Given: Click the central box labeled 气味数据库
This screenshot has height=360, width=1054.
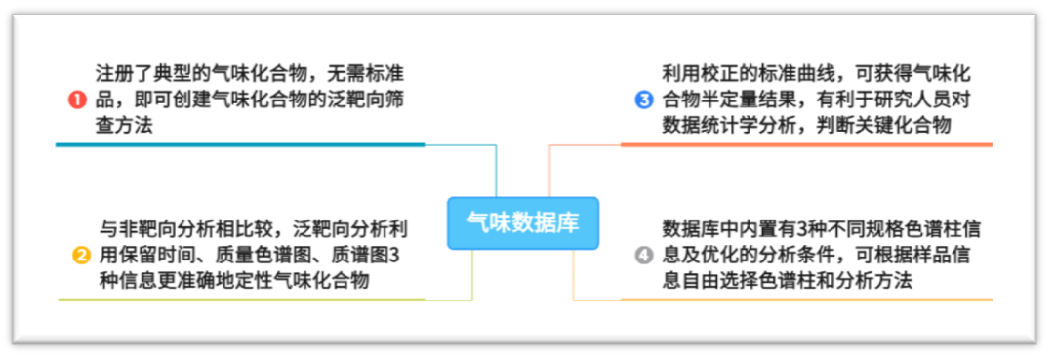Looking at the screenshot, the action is [522, 222].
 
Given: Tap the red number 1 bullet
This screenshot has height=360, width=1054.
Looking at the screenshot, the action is [77, 100].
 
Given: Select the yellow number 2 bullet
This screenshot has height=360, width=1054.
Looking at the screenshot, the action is [82, 256].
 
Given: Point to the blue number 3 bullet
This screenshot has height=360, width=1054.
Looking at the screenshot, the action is [644, 100].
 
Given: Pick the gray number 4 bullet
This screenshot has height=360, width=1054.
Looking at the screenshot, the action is [643, 256].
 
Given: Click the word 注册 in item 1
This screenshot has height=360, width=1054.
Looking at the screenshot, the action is [115, 73].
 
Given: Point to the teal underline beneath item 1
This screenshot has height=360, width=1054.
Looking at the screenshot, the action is [239, 144].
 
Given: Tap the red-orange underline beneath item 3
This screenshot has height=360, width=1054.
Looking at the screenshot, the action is [806, 144].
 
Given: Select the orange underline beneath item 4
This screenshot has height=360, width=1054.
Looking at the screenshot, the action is [806, 300].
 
